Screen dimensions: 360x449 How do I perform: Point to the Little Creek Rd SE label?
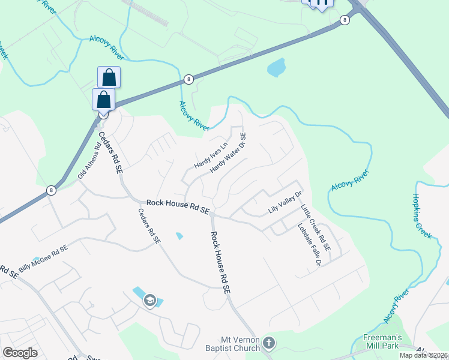[x=316, y=227]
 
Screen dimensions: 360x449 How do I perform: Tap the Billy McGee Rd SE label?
[x=43, y=259]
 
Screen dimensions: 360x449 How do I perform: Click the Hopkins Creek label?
[x=423, y=217]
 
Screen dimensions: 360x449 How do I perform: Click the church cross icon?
[x=269, y=343]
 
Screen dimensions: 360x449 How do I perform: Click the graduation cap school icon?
[x=150, y=301]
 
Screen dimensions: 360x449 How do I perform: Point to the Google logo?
[x=20, y=353]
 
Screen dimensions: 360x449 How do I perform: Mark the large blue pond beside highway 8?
[x=276, y=67]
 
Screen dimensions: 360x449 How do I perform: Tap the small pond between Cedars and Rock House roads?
[x=179, y=236]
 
